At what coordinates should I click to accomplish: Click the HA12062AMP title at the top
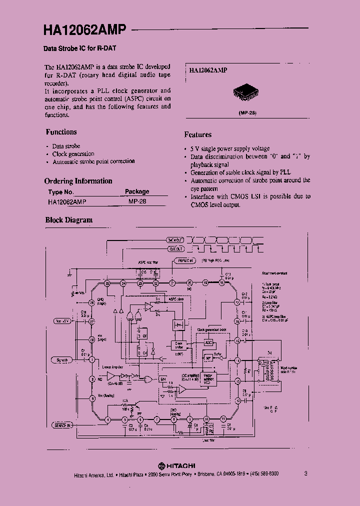84,30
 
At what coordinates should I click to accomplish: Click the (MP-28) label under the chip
247,113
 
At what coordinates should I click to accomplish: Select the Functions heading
61,132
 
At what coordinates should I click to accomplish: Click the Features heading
197,134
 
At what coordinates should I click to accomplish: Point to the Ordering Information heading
78,181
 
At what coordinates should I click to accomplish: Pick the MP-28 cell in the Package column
136,201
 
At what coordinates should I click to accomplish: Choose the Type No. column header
61,191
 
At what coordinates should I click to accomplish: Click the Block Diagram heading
69,220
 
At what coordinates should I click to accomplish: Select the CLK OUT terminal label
175,248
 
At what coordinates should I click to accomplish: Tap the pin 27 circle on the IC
92,322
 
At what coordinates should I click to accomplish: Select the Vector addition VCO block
209,378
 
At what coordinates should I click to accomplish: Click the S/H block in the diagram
162,379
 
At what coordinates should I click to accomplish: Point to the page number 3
305,473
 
